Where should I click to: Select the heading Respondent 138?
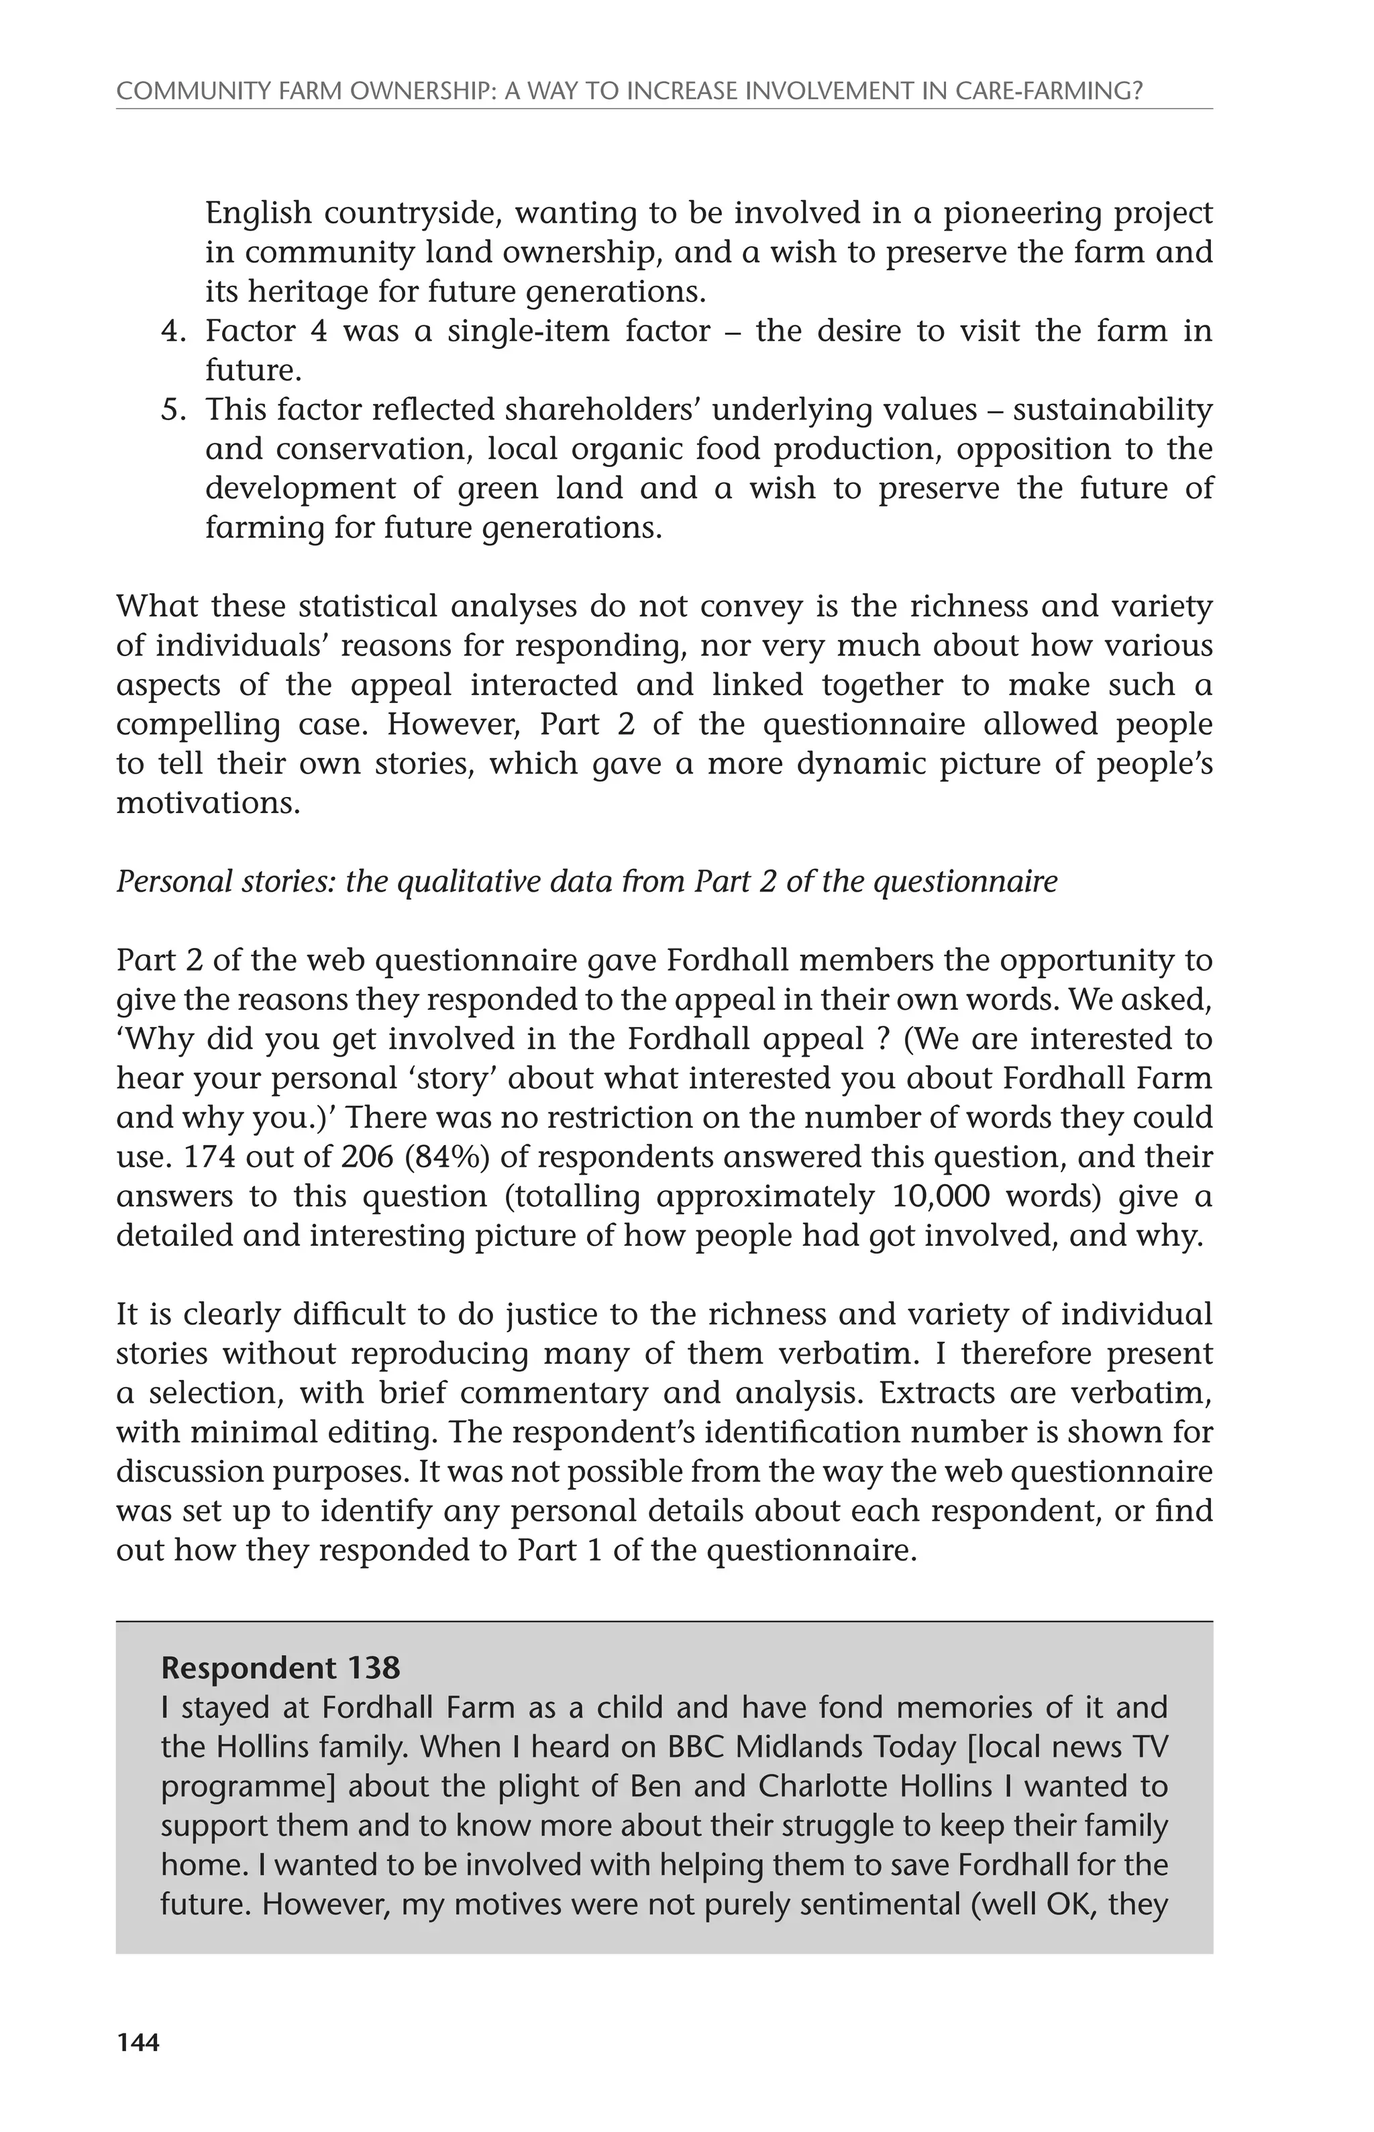(280, 1668)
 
